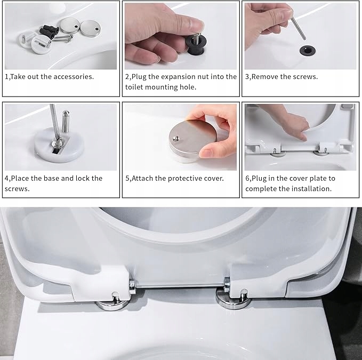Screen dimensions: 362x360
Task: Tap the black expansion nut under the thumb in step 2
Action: point(195,45)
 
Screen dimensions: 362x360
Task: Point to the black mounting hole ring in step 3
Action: point(307,50)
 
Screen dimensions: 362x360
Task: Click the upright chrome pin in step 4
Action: point(66,122)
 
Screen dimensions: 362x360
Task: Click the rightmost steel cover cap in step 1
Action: point(91,28)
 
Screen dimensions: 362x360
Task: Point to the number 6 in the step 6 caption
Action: point(247,179)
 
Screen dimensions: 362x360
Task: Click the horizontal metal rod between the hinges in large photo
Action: point(180,286)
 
